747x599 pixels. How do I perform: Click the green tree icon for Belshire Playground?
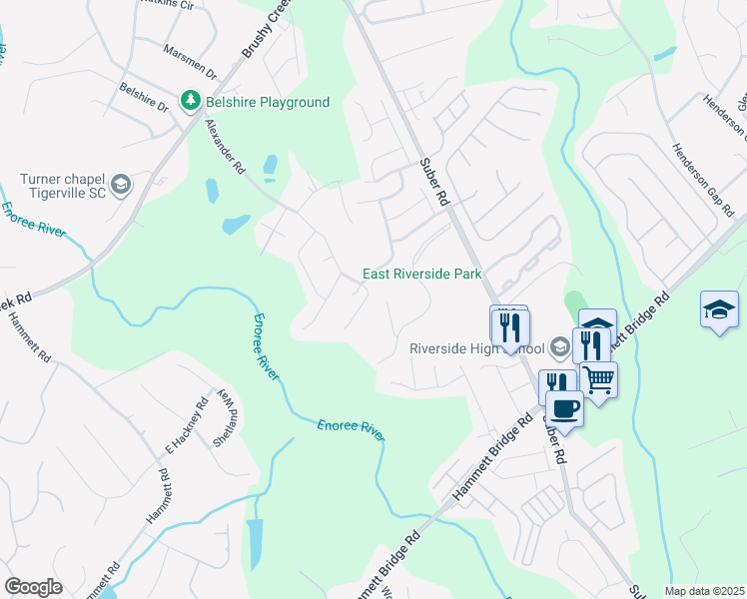(189, 101)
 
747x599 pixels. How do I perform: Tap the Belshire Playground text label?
(268, 102)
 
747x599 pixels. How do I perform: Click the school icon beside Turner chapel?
(121, 185)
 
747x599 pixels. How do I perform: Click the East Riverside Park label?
(421, 274)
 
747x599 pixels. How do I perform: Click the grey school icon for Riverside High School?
(560, 347)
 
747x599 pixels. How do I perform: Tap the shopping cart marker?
(598, 378)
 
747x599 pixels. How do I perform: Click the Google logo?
(33, 587)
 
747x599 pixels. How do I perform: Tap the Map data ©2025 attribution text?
(704, 591)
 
